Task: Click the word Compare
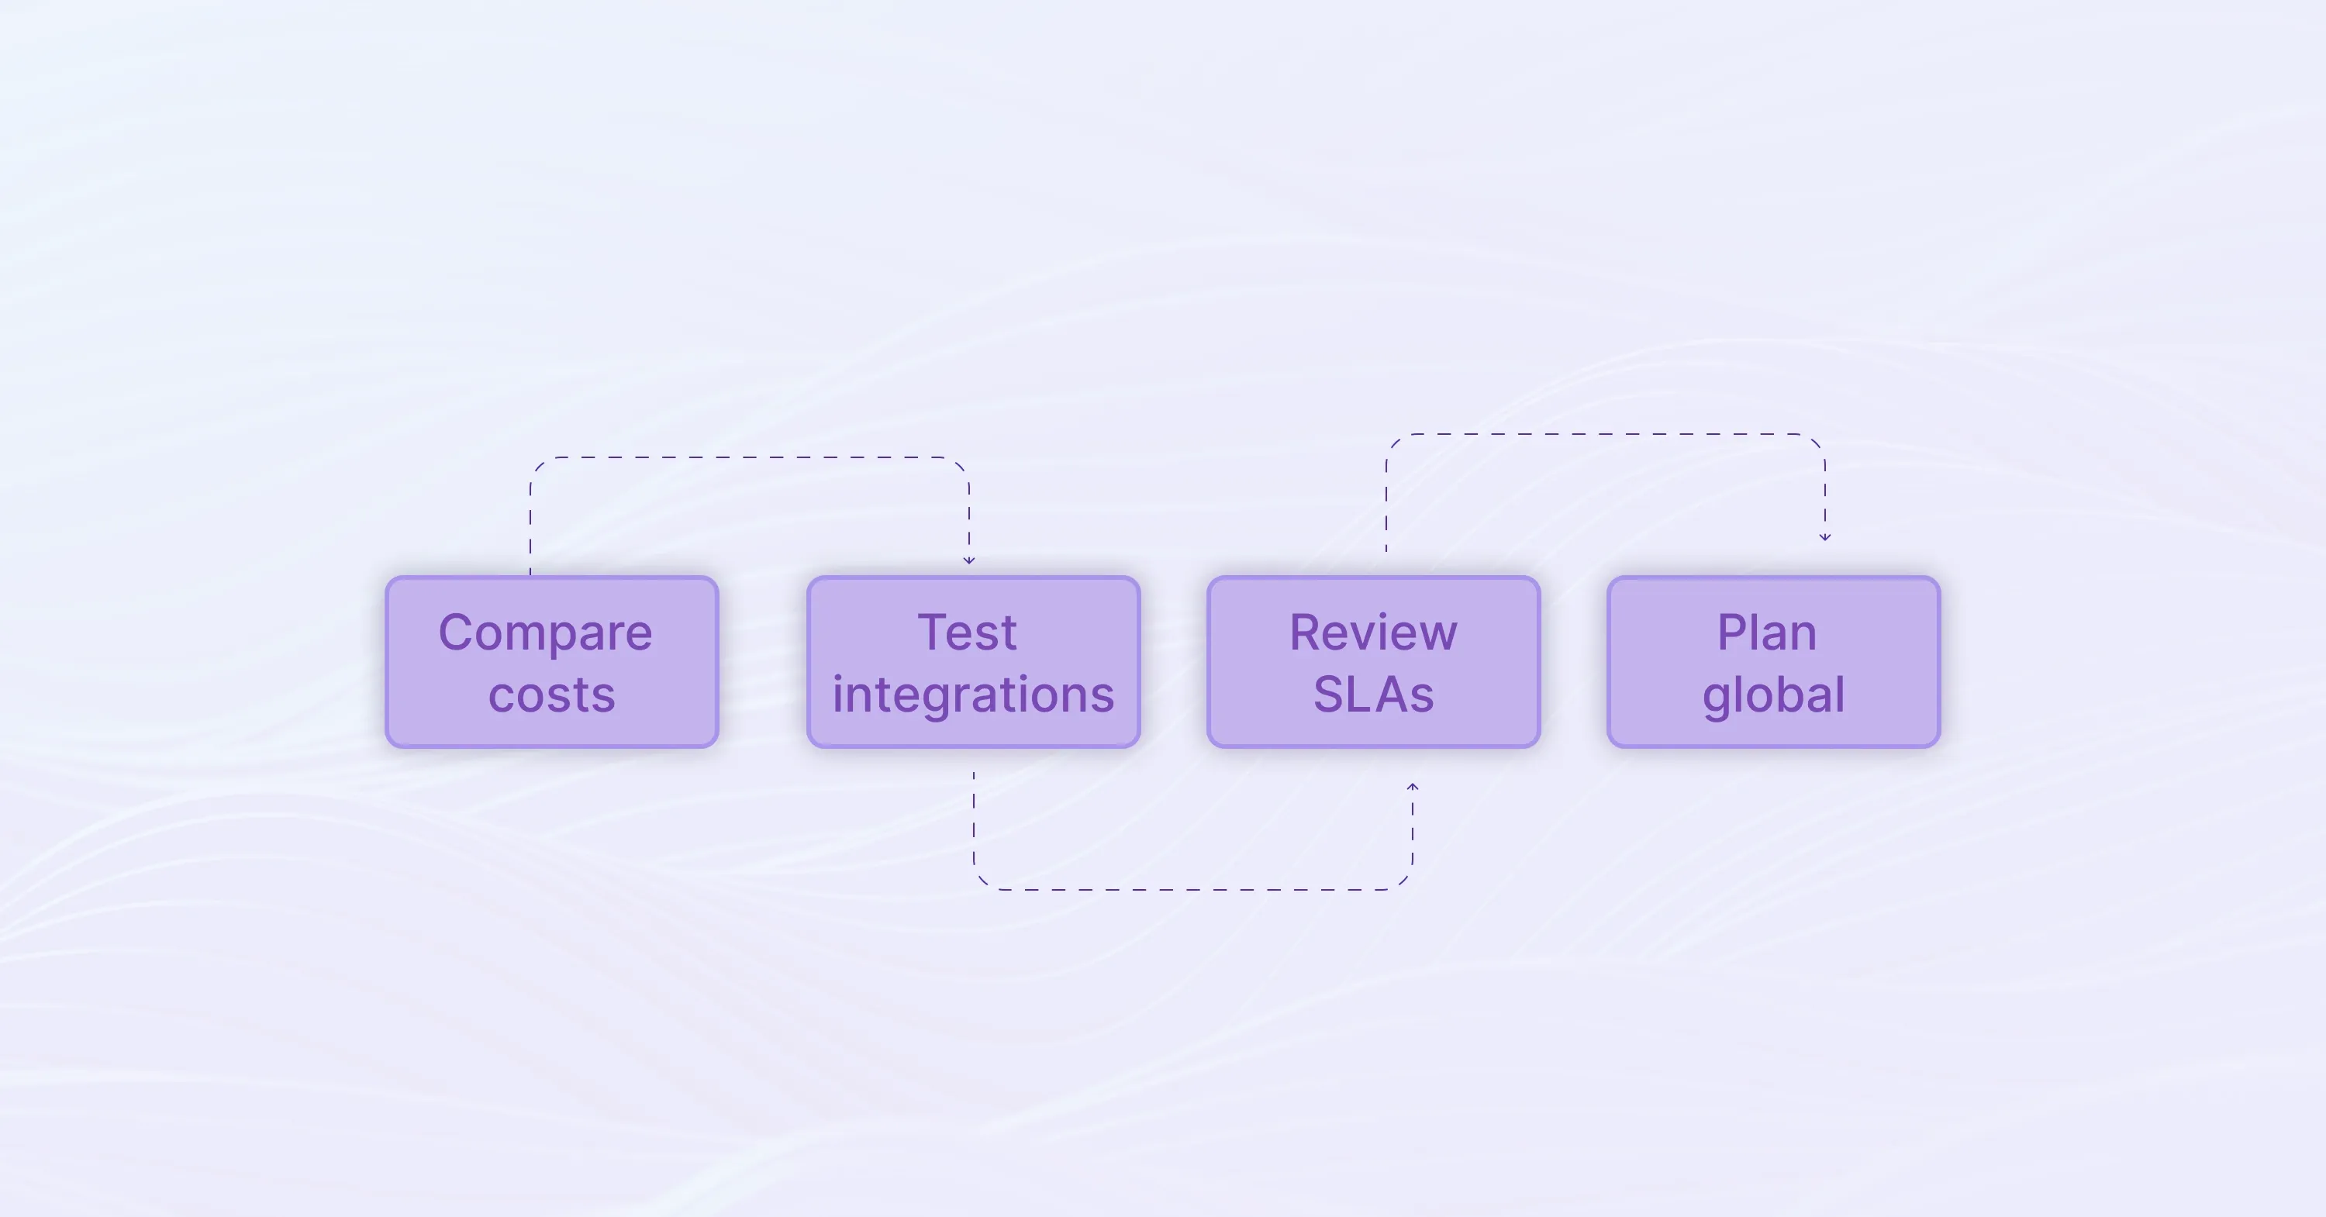[x=545, y=633]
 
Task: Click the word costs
[x=552, y=695]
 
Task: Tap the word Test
[x=967, y=632]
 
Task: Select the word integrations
[x=973, y=695]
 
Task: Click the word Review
[x=1372, y=632]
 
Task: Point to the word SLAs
[x=1373, y=695]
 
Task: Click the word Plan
[x=1766, y=632]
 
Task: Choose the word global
[x=1773, y=695]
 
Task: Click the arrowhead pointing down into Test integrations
[x=969, y=560]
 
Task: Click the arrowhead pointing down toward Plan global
[x=1825, y=536]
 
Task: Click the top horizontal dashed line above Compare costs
[x=750, y=457]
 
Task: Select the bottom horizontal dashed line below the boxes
[x=1192, y=889]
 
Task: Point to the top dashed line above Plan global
[x=1606, y=434]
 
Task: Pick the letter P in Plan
[x=1731, y=632]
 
